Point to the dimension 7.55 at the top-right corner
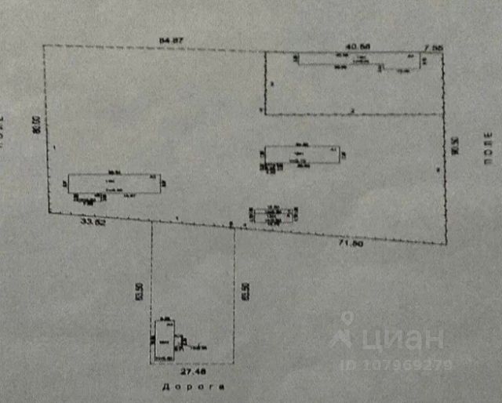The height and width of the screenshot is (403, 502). pos(433,46)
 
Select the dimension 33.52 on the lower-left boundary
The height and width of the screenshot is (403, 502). pos(93,223)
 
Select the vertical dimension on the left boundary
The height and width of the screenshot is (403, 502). pos(35,127)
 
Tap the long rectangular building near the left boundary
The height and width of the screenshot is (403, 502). pos(114,183)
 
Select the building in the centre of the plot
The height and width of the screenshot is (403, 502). pos(300,154)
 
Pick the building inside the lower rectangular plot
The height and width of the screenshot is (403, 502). pos(165,341)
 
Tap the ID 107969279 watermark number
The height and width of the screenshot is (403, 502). pos(396,364)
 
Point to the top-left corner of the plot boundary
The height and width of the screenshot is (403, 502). pos(42,46)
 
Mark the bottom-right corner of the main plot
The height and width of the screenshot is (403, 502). pos(445,245)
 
